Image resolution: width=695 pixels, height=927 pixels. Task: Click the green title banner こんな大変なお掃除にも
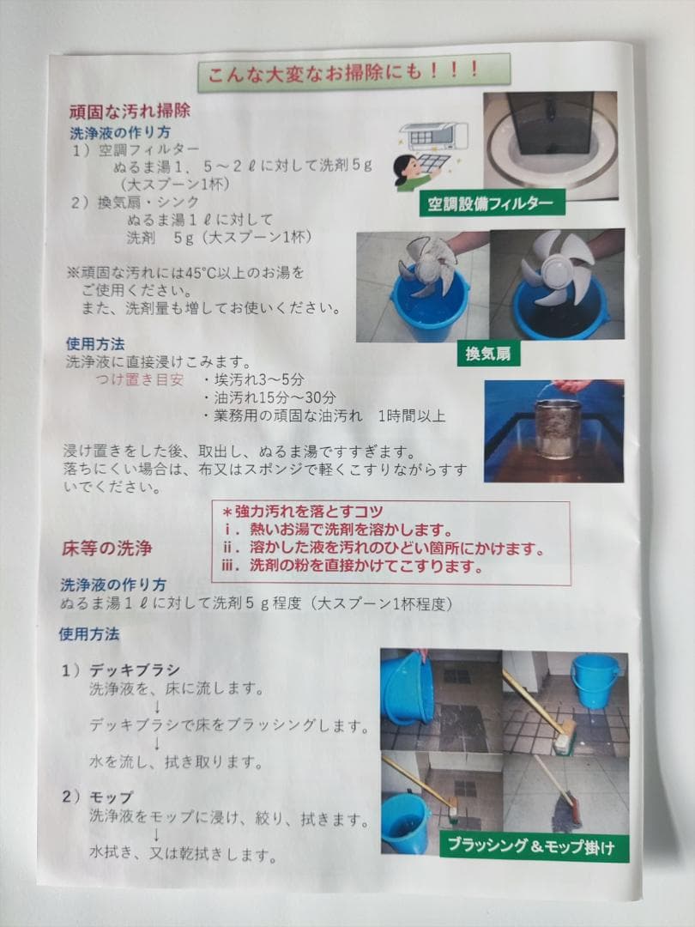354,72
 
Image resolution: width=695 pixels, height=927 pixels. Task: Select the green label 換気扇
488,354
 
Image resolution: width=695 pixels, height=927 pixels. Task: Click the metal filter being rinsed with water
558,427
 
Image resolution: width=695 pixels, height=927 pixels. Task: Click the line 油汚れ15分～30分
270,397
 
